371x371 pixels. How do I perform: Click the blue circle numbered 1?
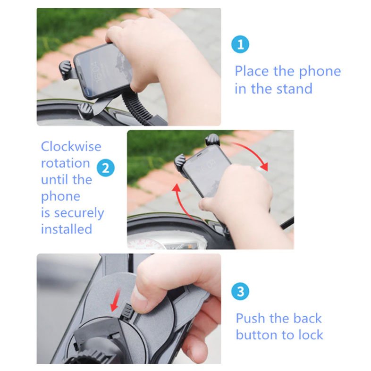(x=240, y=44)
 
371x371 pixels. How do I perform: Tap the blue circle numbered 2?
(x=106, y=168)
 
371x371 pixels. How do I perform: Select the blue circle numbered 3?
(x=240, y=291)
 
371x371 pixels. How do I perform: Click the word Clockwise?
(x=71, y=146)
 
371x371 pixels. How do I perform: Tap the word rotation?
(x=65, y=163)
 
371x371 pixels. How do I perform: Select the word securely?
(x=79, y=213)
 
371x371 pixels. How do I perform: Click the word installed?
(x=67, y=229)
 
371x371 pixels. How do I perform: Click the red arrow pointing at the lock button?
(x=115, y=301)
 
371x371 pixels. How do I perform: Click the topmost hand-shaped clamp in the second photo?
(x=213, y=140)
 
